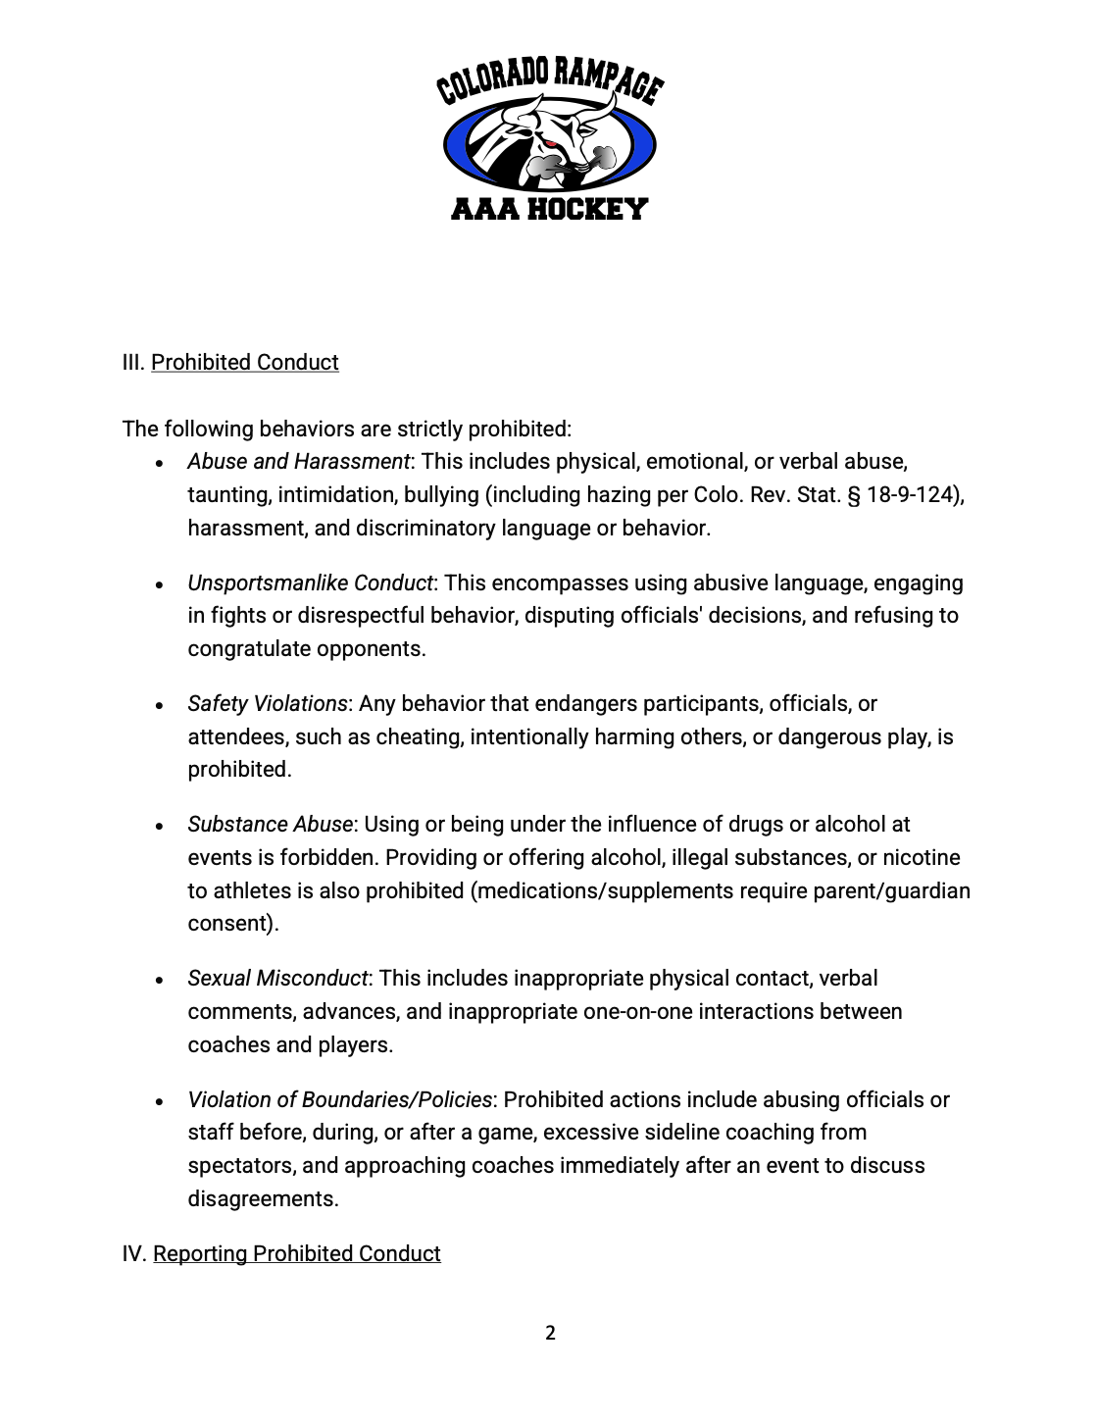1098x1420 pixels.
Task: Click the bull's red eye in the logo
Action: [551, 145]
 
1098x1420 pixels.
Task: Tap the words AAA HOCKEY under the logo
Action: [549, 209]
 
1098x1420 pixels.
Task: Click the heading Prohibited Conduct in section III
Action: [244, 362]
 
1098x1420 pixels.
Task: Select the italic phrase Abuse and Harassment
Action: [298, 461]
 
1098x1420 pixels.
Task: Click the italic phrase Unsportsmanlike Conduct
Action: [310, 583]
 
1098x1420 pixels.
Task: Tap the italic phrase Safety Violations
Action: [267, 703]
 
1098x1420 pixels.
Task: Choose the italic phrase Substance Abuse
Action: [270, 824]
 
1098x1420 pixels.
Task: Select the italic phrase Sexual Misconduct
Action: [277, 978]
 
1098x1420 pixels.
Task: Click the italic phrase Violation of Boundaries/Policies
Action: [339, 1099]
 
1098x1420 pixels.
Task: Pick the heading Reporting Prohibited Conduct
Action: [296, 1253]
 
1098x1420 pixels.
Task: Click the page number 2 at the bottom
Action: [550, 1333]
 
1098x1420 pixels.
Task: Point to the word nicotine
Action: [922, 857]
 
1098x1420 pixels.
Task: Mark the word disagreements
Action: [262, 1198]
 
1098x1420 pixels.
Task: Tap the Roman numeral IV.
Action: [133, 1253]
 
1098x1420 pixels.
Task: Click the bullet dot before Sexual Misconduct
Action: [159, 980]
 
